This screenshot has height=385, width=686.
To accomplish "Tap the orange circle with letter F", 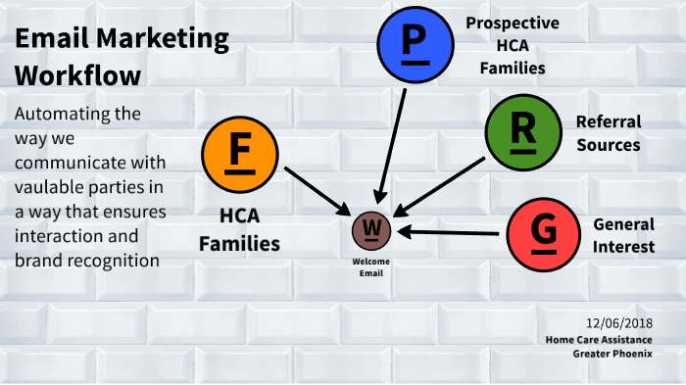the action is point(239,157).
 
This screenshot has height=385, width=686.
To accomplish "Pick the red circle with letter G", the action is point(544,232).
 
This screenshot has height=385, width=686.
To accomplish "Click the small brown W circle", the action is point(371,229).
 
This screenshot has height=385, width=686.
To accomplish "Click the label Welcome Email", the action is point(371,266).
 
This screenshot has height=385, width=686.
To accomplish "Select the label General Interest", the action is point(623,235).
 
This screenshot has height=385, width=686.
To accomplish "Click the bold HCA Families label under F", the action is point(240,228).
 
